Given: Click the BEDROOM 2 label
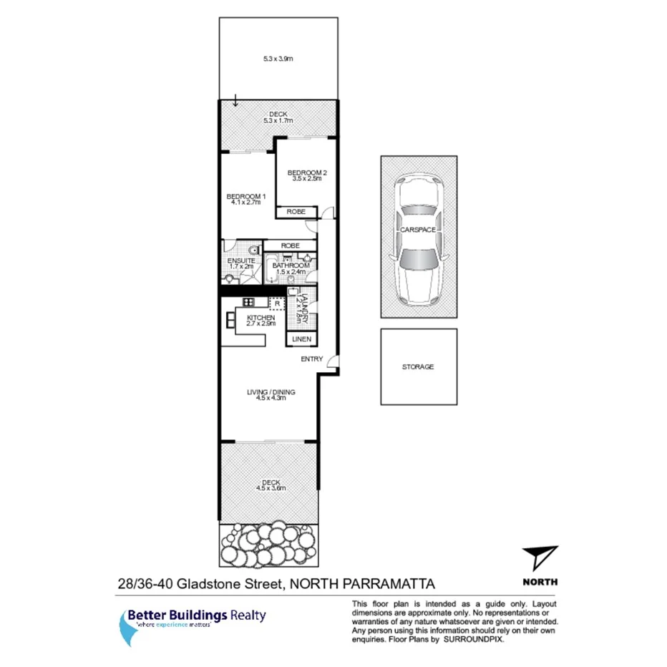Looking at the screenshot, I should point(307,172).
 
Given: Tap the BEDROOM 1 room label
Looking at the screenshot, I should point(246,197).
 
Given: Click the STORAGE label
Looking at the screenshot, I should point(418,366).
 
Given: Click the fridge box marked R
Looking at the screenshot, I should point(276,302).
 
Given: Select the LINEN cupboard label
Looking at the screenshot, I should point(301,339).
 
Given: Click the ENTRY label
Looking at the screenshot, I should point(312,359).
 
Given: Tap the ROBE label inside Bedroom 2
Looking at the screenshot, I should point(296,213).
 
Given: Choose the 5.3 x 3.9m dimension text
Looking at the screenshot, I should point(277,60).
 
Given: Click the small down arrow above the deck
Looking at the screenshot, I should point(235,100).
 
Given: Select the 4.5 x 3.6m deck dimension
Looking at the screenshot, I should point(271,489).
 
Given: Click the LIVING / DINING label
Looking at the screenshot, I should point(271,392).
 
